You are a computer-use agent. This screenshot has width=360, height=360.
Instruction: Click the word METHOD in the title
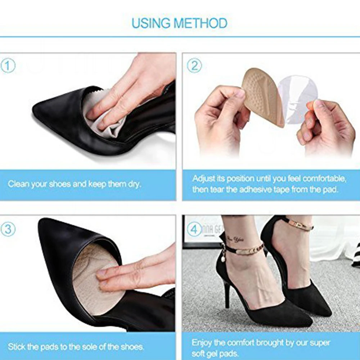[x=201, y=23]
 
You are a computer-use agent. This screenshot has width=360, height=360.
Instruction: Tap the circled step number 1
[x=8, y=67]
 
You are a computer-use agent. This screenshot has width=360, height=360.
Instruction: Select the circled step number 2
[x=194, y=66]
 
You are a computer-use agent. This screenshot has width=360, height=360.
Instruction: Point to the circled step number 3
[x=8, y=229]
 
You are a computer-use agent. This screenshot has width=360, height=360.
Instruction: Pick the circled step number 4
[x=194, y=229]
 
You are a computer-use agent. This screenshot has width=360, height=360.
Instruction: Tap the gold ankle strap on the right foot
[x=299, y=225]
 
